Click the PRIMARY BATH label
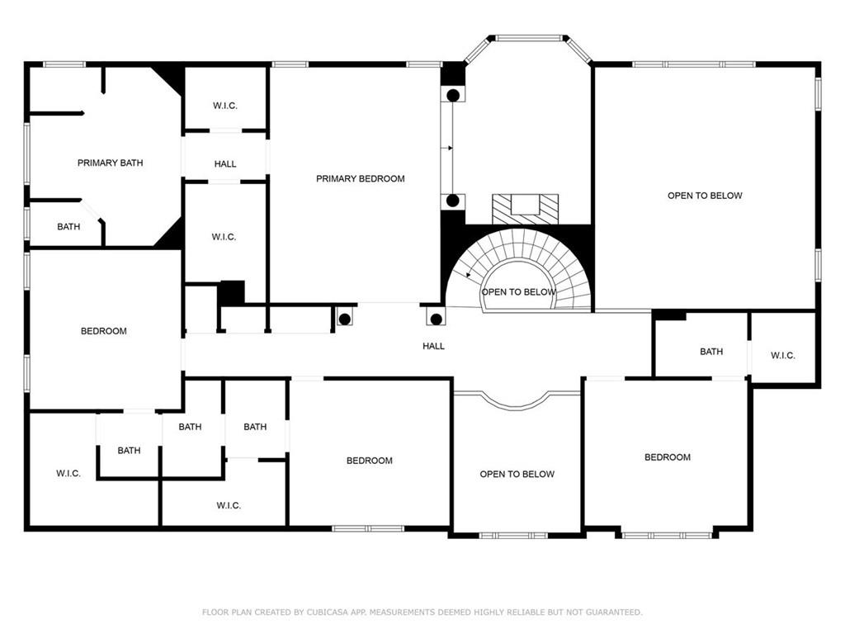pyautogui.click(x=110, y=163)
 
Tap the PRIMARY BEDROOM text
pyautogui.click(x=360, y=179)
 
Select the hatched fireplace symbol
pyautogui.click(x=526, y=209)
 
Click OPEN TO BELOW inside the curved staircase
pyautogui.click(x=518, y=292)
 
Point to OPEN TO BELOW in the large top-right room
pyautogui.click(x=705, y=196)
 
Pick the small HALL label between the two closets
pyautogui.click(x=225, y=164)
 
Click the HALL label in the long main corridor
pyautogui.click(x=433, y=346)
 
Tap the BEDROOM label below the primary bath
pyautogui.click(x=103, y=331)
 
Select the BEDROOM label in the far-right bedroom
pyautogui.click(x=667, y=457)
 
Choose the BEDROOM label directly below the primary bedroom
pyautogui.click(x=369, y=461)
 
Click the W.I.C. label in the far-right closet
pyautogui.click(x=782, y=355)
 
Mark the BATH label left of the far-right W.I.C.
pyautogui.click(x=711, y=352)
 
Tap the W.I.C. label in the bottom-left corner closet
pyautogui.click(x=68, y=473)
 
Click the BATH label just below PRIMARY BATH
pyautogui.click(x=68, y=226)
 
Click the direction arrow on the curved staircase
pyautogui.click(x=469, y=274)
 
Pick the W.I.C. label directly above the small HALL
pyautogui.click(x=224, y=106)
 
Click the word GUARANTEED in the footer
pyautogui.click(x=614, y=612)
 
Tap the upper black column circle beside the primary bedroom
pyautogui.click(x=453, y=96)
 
